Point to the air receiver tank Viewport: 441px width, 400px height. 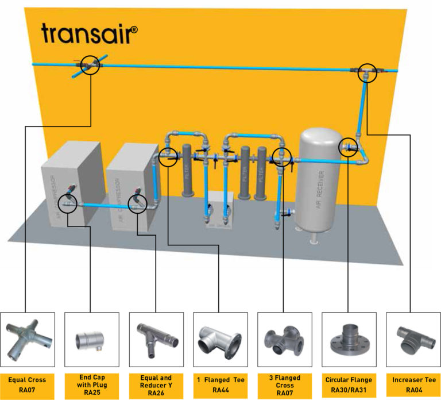tap(322, 178)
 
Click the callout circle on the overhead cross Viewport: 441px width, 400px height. tap(90, 67)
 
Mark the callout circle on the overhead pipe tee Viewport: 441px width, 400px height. tap(365, 74)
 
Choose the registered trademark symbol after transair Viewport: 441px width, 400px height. tap(134, 26)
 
